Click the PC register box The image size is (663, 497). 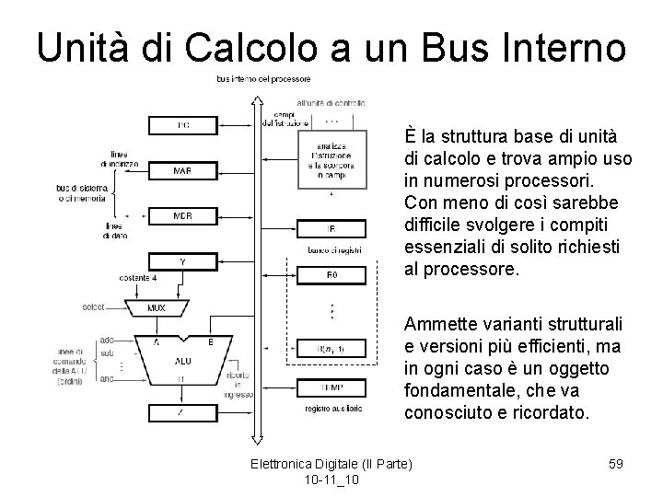click(184, 123)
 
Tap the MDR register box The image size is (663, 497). click(182, 216)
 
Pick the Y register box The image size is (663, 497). click(182, 260)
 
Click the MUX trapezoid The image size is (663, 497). click(157, 308)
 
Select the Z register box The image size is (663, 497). click(182, 413)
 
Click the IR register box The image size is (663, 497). click(331, 228)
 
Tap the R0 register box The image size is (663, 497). click(331, 274)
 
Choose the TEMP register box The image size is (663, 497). click(331, 387)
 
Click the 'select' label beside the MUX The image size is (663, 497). click(93, 306)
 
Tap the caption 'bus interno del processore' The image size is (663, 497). click(263, 79)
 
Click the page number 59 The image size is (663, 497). click(615, 464)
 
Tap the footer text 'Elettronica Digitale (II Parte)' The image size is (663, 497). click(331, 462)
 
